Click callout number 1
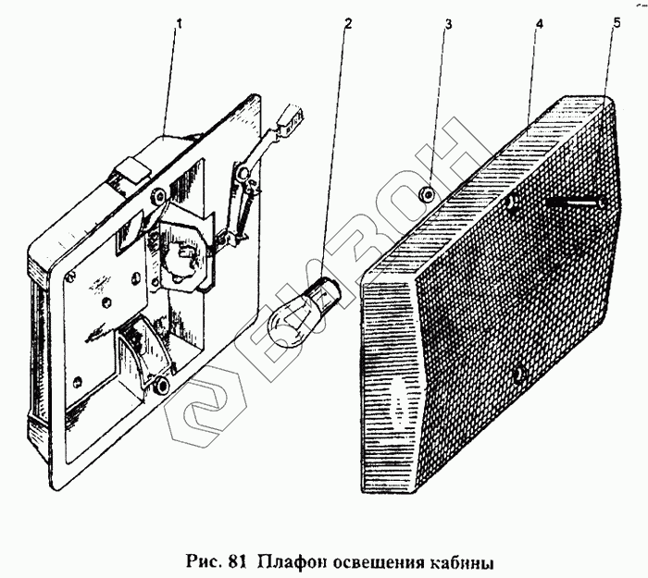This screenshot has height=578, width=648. (178, 23)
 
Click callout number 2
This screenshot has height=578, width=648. (346, 23)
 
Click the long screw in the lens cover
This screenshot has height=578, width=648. (573, 201)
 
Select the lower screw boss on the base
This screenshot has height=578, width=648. (162, 383)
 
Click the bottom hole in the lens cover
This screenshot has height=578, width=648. (518, 375)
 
